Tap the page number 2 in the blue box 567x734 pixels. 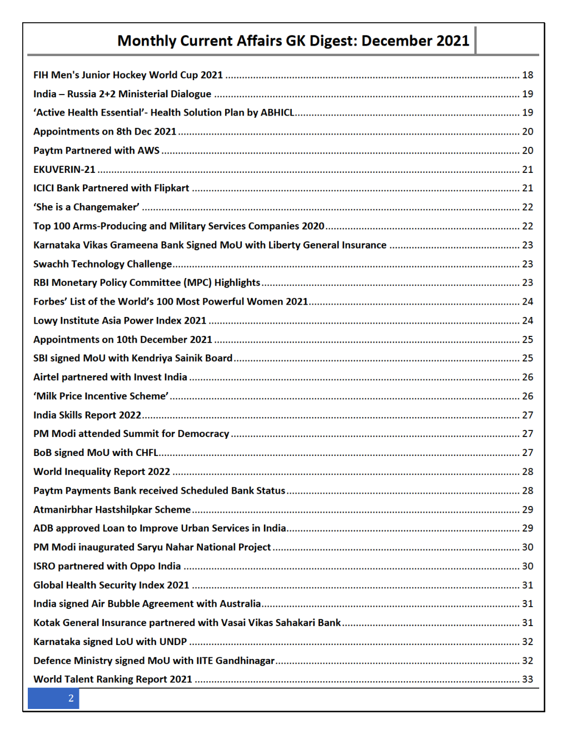[x=71, y=698]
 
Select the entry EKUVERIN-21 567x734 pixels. [x=64, y=170]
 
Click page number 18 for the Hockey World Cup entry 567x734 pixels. [x=528, y=75]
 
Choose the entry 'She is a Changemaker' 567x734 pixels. [x=86, y=207]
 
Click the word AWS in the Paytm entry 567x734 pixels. [x=148, y=151]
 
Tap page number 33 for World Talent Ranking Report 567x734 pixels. [x=528, y=680]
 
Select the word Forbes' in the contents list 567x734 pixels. [x=50, y=302]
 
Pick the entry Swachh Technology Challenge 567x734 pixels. [x=102, y=264]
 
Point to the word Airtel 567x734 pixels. [x=46, y=378]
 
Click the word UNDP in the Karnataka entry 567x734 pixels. [x=173, y=642]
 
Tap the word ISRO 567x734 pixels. [x=44, y=566]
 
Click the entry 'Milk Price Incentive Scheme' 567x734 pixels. [x=101, y=396]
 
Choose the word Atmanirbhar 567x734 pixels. [x=63, y=510]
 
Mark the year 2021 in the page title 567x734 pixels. [x=452, y=41]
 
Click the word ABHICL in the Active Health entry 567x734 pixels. [x=277, y=113]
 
